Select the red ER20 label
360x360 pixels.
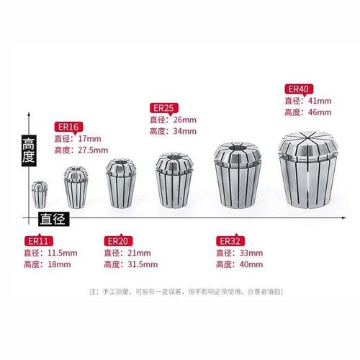coord(117,240)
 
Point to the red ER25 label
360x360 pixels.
coord(163,107)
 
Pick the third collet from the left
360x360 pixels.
coord(120,183)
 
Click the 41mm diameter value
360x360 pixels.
coord(320,102)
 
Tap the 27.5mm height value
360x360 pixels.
coord(93,150)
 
